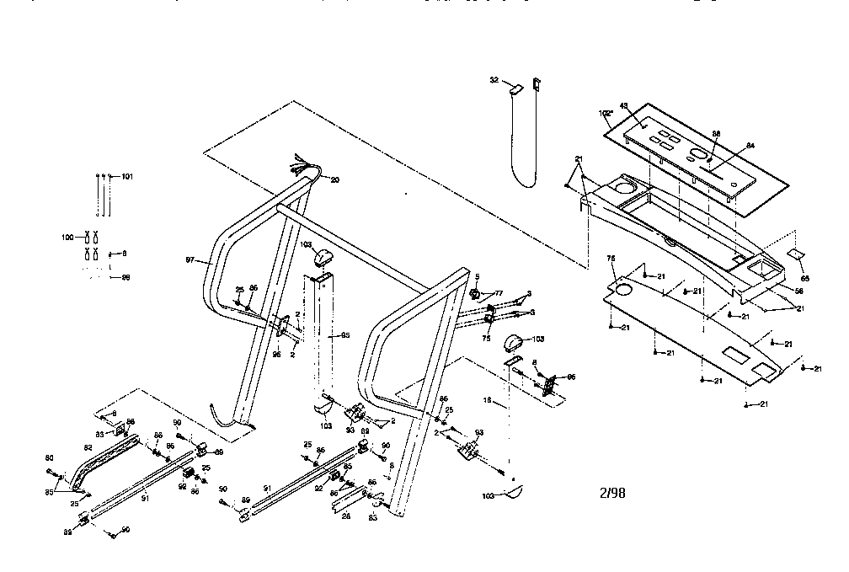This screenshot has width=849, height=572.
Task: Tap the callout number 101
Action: click(127, 176)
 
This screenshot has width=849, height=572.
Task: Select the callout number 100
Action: click(69, 238)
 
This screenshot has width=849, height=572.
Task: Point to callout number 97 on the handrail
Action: click(192, 260)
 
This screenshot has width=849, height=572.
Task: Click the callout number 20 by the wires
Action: click(334, 179)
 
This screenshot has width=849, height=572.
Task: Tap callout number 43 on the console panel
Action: click(624, 105)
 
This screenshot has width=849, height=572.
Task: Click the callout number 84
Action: click(750, 146)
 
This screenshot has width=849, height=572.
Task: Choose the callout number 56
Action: click(798, 290)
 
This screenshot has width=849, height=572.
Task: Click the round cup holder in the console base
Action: click(627, 184)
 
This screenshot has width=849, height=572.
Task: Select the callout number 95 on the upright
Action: click(343, 335)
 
